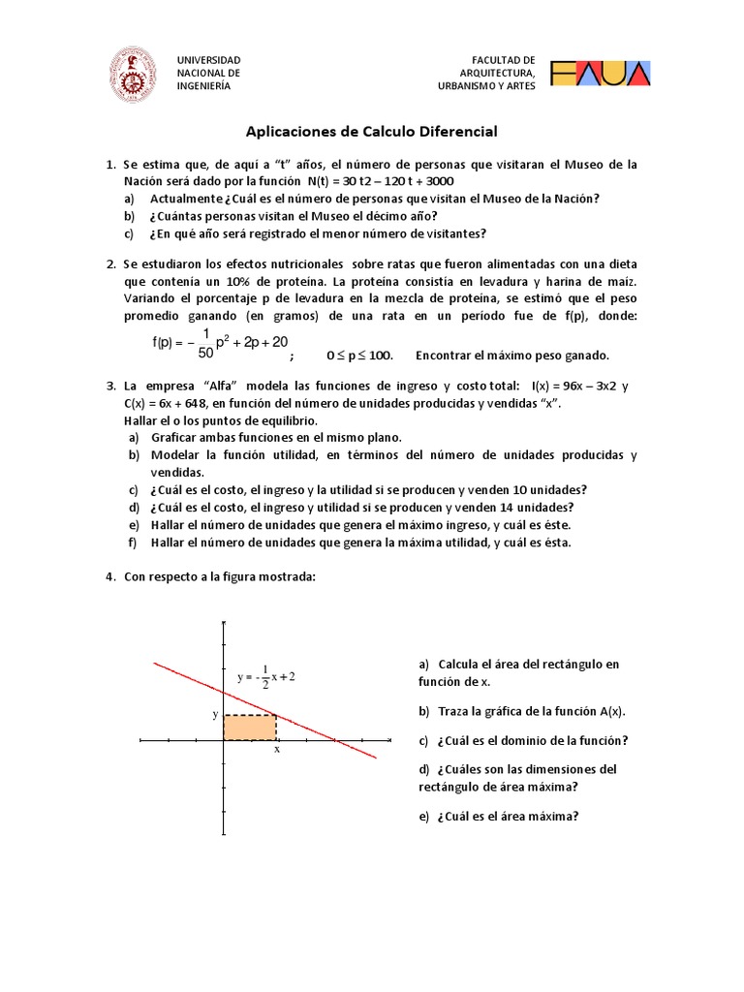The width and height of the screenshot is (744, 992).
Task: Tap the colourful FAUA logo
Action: coord(601,73)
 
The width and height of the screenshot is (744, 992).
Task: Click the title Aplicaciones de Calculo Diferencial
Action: coord(372,130)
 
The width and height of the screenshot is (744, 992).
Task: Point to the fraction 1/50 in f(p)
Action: coord(205,342)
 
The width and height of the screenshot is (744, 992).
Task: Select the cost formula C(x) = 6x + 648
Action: coord(173,403)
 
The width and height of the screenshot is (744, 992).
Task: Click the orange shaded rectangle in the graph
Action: coord(250,728)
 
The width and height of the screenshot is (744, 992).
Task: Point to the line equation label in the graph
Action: coord(265,676)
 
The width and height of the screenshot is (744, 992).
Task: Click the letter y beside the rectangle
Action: coord(216,714)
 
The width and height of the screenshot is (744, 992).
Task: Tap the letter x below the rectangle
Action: coord(277,749)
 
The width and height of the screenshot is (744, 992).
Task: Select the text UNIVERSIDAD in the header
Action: coord(208,60)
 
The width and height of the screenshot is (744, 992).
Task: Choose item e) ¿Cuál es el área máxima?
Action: coord(500,816)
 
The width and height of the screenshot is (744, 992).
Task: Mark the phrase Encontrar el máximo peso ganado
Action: coord(512,355)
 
